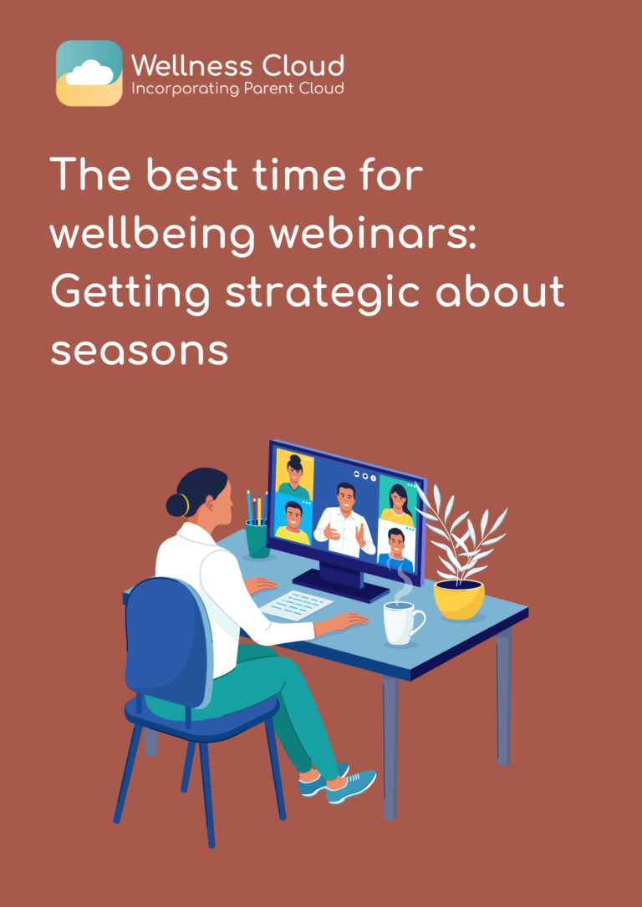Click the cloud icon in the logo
pos(89,73)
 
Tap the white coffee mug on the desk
pos(401,622)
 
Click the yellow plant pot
pos(459,598)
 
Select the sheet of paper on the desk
pos(298,604)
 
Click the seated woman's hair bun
pos(176,504)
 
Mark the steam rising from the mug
pos(405,581)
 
